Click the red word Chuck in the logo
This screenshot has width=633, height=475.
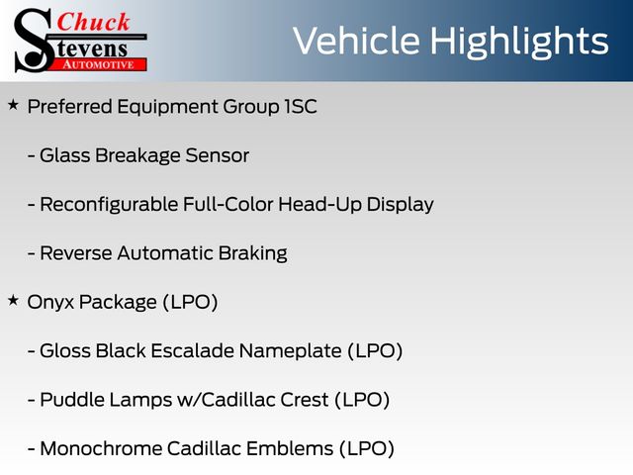pos(93,22)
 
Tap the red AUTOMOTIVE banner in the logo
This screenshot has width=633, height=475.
pos(99,64)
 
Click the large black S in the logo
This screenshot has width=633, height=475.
pos(34,41)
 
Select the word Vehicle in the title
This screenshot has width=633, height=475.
pos(356,41)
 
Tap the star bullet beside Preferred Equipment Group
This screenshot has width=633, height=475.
pos(13,105)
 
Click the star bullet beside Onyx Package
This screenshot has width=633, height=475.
pos(13,300)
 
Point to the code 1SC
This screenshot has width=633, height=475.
pos(301,107)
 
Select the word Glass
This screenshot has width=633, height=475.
pos(65,155)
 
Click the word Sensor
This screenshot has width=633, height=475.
pos(218,155)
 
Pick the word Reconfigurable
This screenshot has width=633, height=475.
pos(109,205)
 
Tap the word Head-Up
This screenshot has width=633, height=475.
pos(319,205)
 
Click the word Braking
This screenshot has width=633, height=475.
pos(253,253)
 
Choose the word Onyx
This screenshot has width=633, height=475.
pos(50,303)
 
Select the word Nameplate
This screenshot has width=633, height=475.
pos(290,351)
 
